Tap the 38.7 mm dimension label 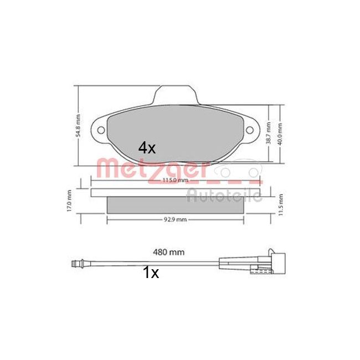269,133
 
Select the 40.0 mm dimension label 281,133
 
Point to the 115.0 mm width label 175,181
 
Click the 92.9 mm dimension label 175,219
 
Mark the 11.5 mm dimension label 281,205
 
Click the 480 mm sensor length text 169,252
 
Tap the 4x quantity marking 147,148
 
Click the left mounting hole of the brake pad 101,131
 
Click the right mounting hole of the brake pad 249,131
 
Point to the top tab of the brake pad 174,96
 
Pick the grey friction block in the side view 175,204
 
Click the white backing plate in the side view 175,193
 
